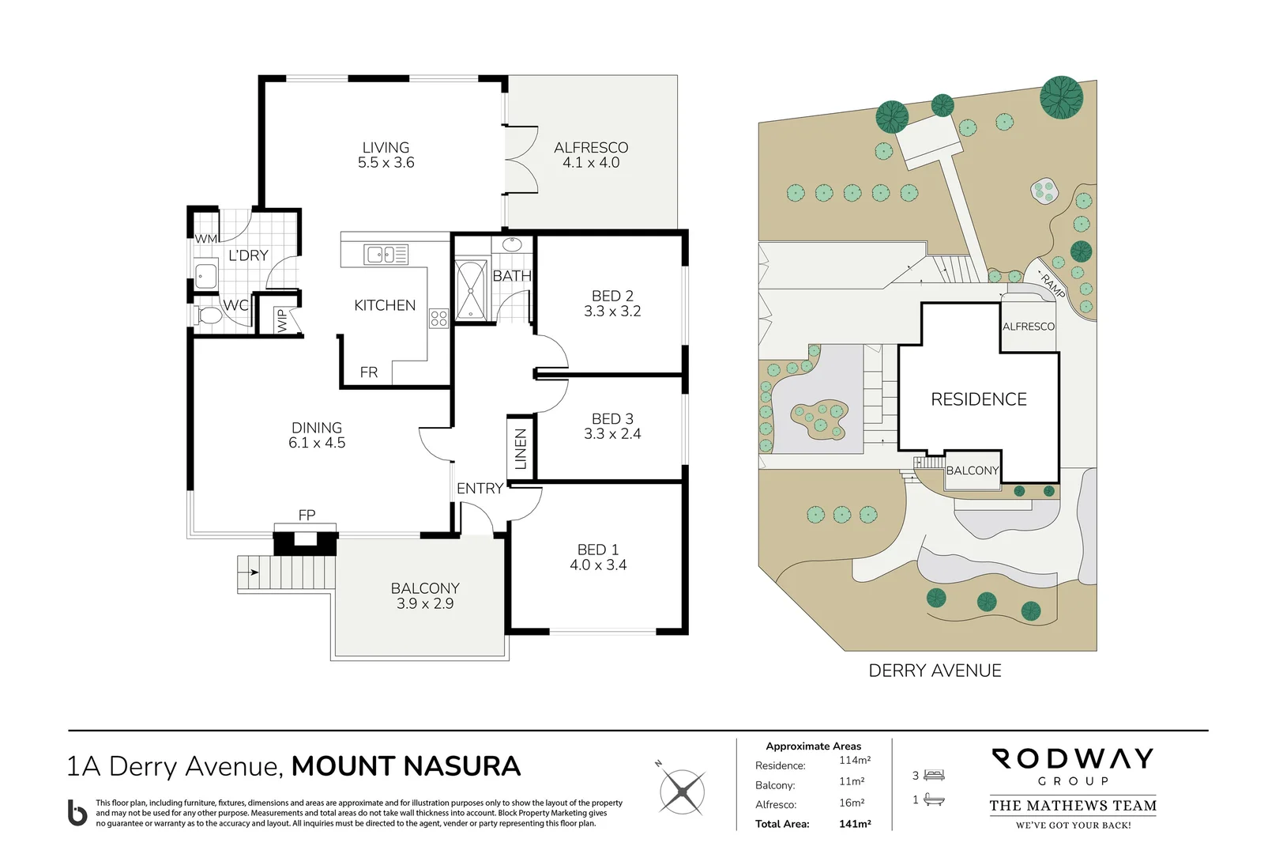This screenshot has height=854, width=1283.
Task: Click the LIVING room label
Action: [x=386, y=148]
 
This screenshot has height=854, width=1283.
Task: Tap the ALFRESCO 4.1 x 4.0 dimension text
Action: [x=591, y=163]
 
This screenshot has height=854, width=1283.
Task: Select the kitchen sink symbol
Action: [x=386, y=255]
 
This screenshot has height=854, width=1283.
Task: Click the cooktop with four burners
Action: [x=439, y=319]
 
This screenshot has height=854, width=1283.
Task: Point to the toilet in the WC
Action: [x=209, y=316]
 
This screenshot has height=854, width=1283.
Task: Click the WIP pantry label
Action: [x=282, y=320]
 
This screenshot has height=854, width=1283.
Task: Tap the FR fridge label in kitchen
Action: [x=369, y=372]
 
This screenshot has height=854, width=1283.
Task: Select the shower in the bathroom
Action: [x=471, y=291]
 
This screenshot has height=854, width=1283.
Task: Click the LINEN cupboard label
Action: [x=521, y=448]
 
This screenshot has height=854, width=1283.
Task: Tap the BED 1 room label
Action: [x=598, y=550]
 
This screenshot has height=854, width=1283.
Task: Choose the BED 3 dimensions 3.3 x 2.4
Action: [x=612, y=434]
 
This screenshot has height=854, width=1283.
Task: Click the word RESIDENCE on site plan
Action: [x=979, y=399]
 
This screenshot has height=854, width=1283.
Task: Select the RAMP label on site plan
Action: [x=1053, y=285]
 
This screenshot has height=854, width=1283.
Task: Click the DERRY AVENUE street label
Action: [x=935, y=671]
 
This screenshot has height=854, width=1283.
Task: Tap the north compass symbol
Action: [x=681, y=791]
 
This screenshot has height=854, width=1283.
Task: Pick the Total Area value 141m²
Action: [x=855, y=824]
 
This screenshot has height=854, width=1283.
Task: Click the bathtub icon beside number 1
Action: [x=934, y=800]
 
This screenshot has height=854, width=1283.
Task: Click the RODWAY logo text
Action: [x=1073, y=759]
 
